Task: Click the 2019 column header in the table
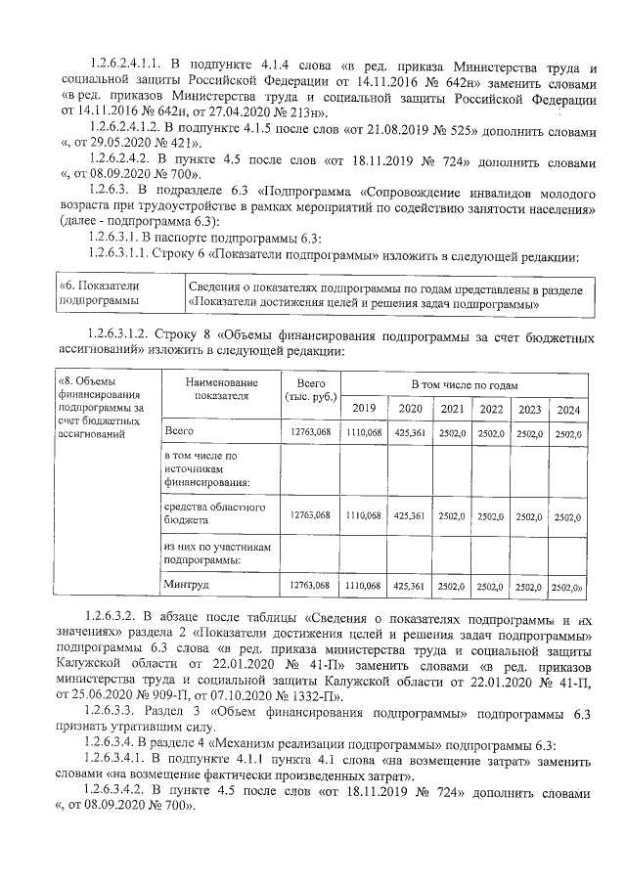(364, 409)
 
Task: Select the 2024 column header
(567, 409)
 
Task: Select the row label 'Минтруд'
(183, 585)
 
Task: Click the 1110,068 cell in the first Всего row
(364, 431)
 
